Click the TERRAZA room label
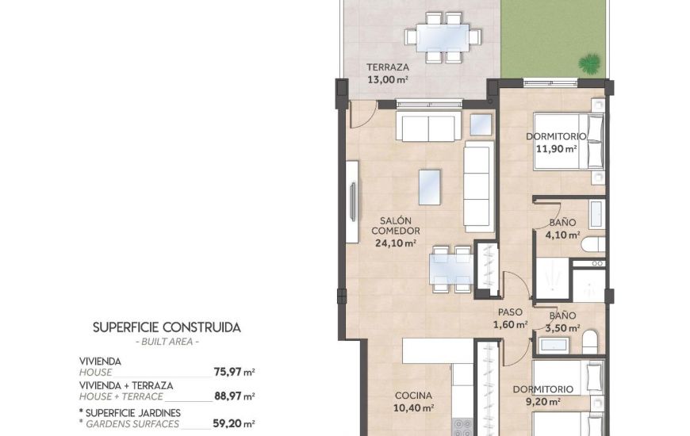[387, 67]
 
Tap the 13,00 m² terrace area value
[387, 79]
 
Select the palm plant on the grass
[588, 63]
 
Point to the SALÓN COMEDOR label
[394, 226]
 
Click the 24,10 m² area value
[395, 243]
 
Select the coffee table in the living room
[429, 187]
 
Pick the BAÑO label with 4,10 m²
[563, 224]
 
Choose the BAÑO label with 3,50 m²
[563, 315]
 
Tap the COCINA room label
[414, 396]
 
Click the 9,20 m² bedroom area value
[542, 402]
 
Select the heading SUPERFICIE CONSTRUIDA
[167, 327]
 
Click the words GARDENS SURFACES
[129, 423]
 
